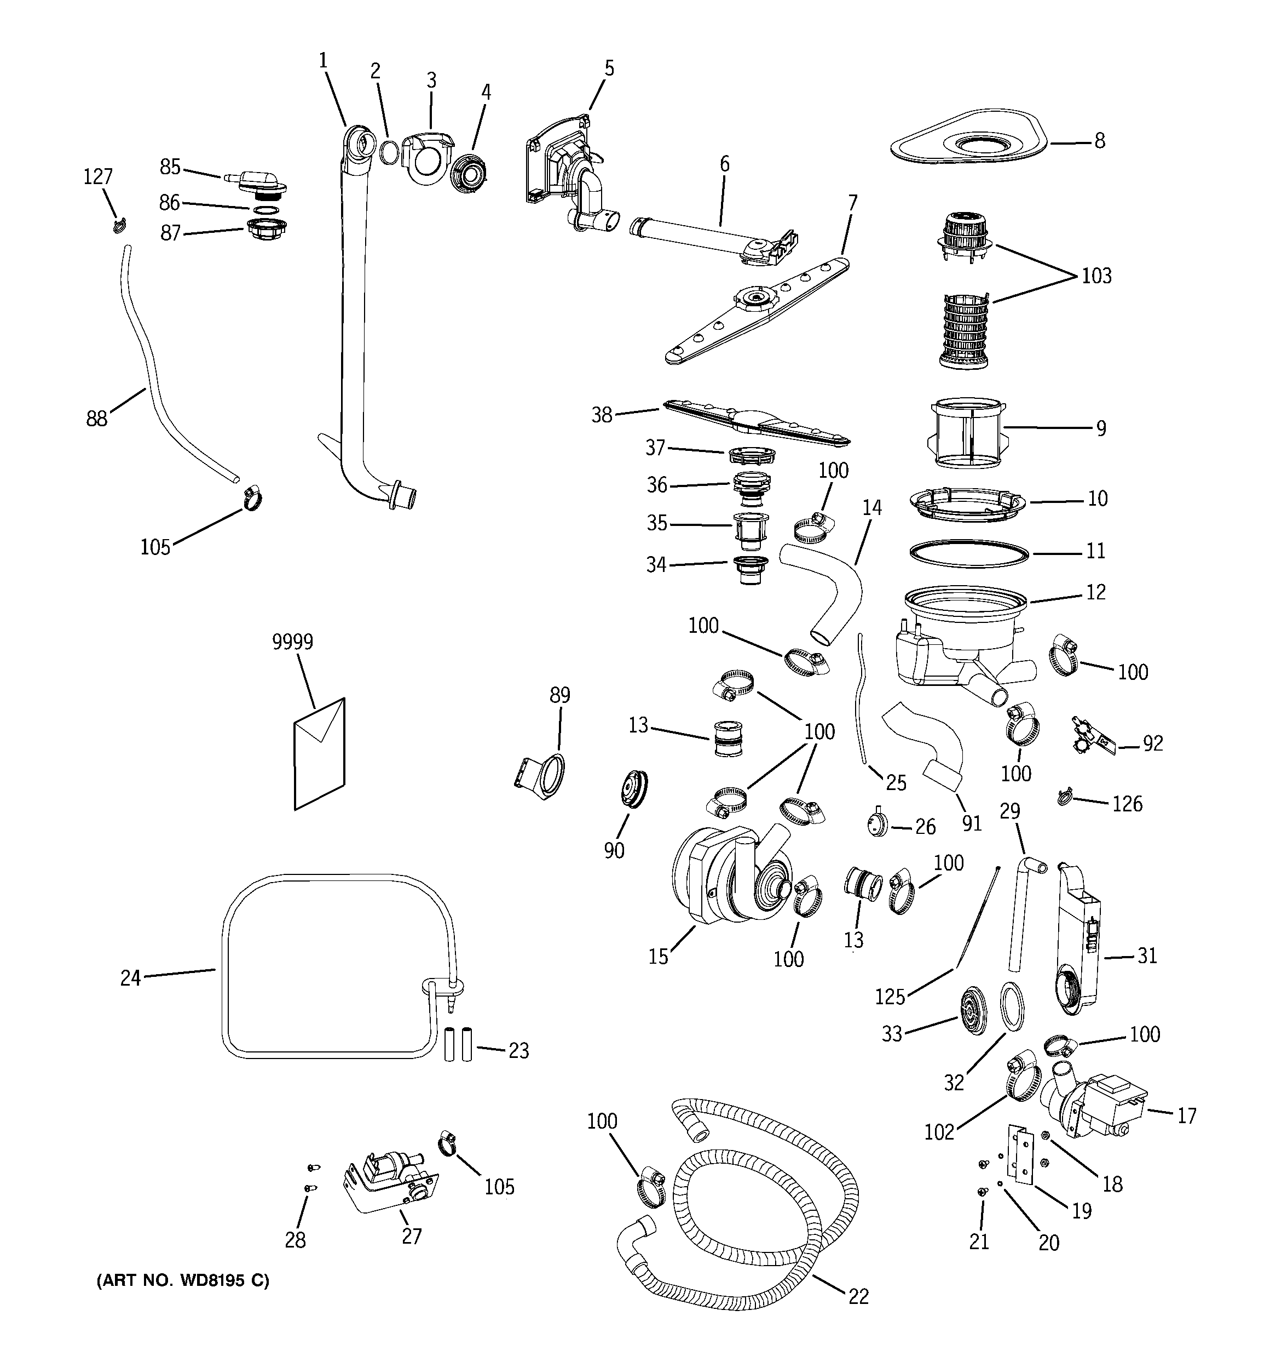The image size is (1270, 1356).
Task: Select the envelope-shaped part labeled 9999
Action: (x=319, y=754)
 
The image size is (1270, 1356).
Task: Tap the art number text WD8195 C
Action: (x=183, y=1281)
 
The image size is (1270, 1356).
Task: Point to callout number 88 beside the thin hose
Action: (x=97, y=419)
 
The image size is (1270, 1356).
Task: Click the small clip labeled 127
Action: (x=120, y=225)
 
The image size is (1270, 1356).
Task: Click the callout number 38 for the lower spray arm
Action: (x=601, y=414)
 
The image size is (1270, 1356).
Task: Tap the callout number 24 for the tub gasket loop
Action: (x=130, y=977)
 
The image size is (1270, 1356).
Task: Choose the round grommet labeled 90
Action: (x=633, y=790)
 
